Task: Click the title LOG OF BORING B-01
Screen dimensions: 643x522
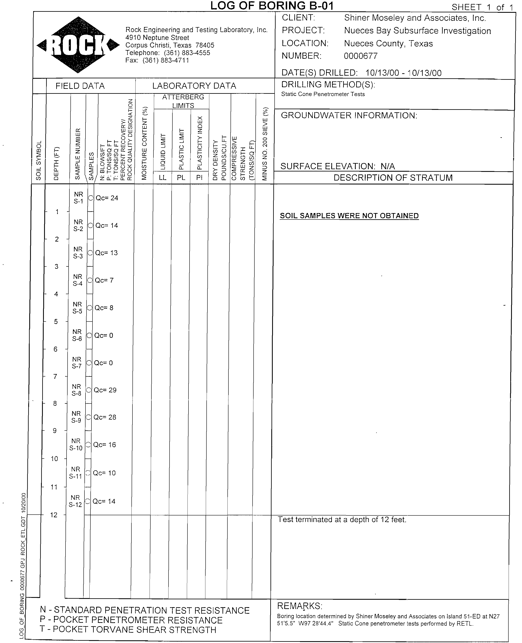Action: [x=272, y=6]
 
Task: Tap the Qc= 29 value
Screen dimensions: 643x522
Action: [x=105, y=390]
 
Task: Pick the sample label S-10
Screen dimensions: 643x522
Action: [x=76, y=448]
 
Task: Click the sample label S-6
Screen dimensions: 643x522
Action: [x=77, y=339]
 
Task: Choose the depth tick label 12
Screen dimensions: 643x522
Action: [x=54, y=515]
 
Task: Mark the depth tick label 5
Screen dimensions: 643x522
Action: [x=56, y=321]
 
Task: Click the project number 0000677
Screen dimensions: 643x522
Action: [x=360, y=56]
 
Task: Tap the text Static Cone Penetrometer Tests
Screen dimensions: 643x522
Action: [x=323, y=94]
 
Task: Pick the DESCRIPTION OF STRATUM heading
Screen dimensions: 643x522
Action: [x=393, y=178]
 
